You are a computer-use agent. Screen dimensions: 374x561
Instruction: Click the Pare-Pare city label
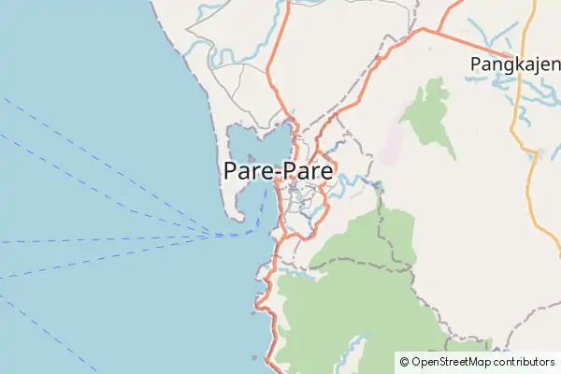(280, 172)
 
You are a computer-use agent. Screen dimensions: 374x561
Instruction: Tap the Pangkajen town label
(513, 64)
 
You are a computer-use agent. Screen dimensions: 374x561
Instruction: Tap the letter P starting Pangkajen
(476, 64)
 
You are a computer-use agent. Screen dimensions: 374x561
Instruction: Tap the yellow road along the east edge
(529, 187)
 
